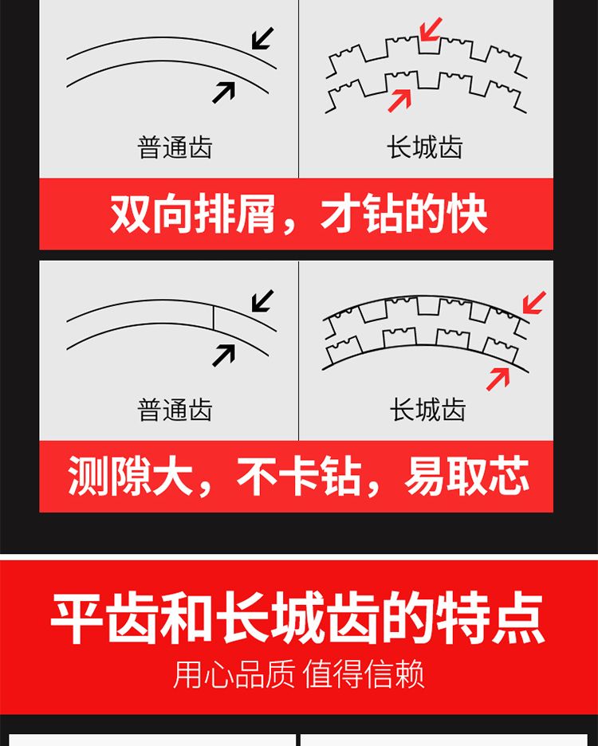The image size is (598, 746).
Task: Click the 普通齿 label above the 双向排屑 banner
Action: click(x=175, y=147)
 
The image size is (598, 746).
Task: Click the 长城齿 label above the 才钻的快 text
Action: click(x=425, y=147)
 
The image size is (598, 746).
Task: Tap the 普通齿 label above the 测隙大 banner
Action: click(x=175, y=410)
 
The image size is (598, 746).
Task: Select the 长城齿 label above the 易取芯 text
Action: click(x=427, y=410)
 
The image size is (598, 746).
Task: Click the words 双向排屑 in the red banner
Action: click(x=193, y=214)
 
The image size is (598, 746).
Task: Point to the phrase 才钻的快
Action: click(x=404, y=214)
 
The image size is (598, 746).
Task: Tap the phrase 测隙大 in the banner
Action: click(x=131, y=477)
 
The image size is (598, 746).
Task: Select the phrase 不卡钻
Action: click(x=298, y=477)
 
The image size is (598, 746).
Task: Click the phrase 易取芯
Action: click(x=467, y=477)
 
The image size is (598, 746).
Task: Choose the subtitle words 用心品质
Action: click(x=234, y=673)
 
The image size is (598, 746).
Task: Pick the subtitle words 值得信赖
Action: click(x=364, y=673)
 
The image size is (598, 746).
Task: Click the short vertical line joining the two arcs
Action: click(x=214, y=317)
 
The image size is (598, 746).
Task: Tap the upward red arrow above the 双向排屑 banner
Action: click(x=399, y=100)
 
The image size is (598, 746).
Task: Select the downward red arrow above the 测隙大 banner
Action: click(x=534, y=303)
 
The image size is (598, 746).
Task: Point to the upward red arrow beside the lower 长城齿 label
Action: click(x=498, y=379)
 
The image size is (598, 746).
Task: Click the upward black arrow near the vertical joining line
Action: click(x=224, y=355)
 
